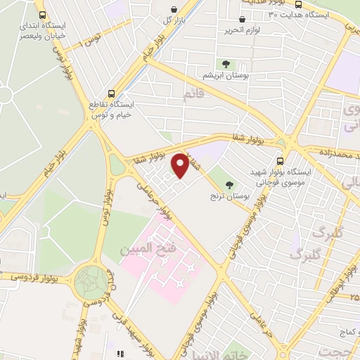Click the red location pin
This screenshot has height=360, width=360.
180,165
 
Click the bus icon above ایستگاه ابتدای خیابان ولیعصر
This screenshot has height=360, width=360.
42,14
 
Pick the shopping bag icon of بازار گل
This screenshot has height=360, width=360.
174,10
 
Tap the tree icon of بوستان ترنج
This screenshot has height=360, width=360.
229,186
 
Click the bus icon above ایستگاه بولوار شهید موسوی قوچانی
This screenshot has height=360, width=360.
281,160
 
